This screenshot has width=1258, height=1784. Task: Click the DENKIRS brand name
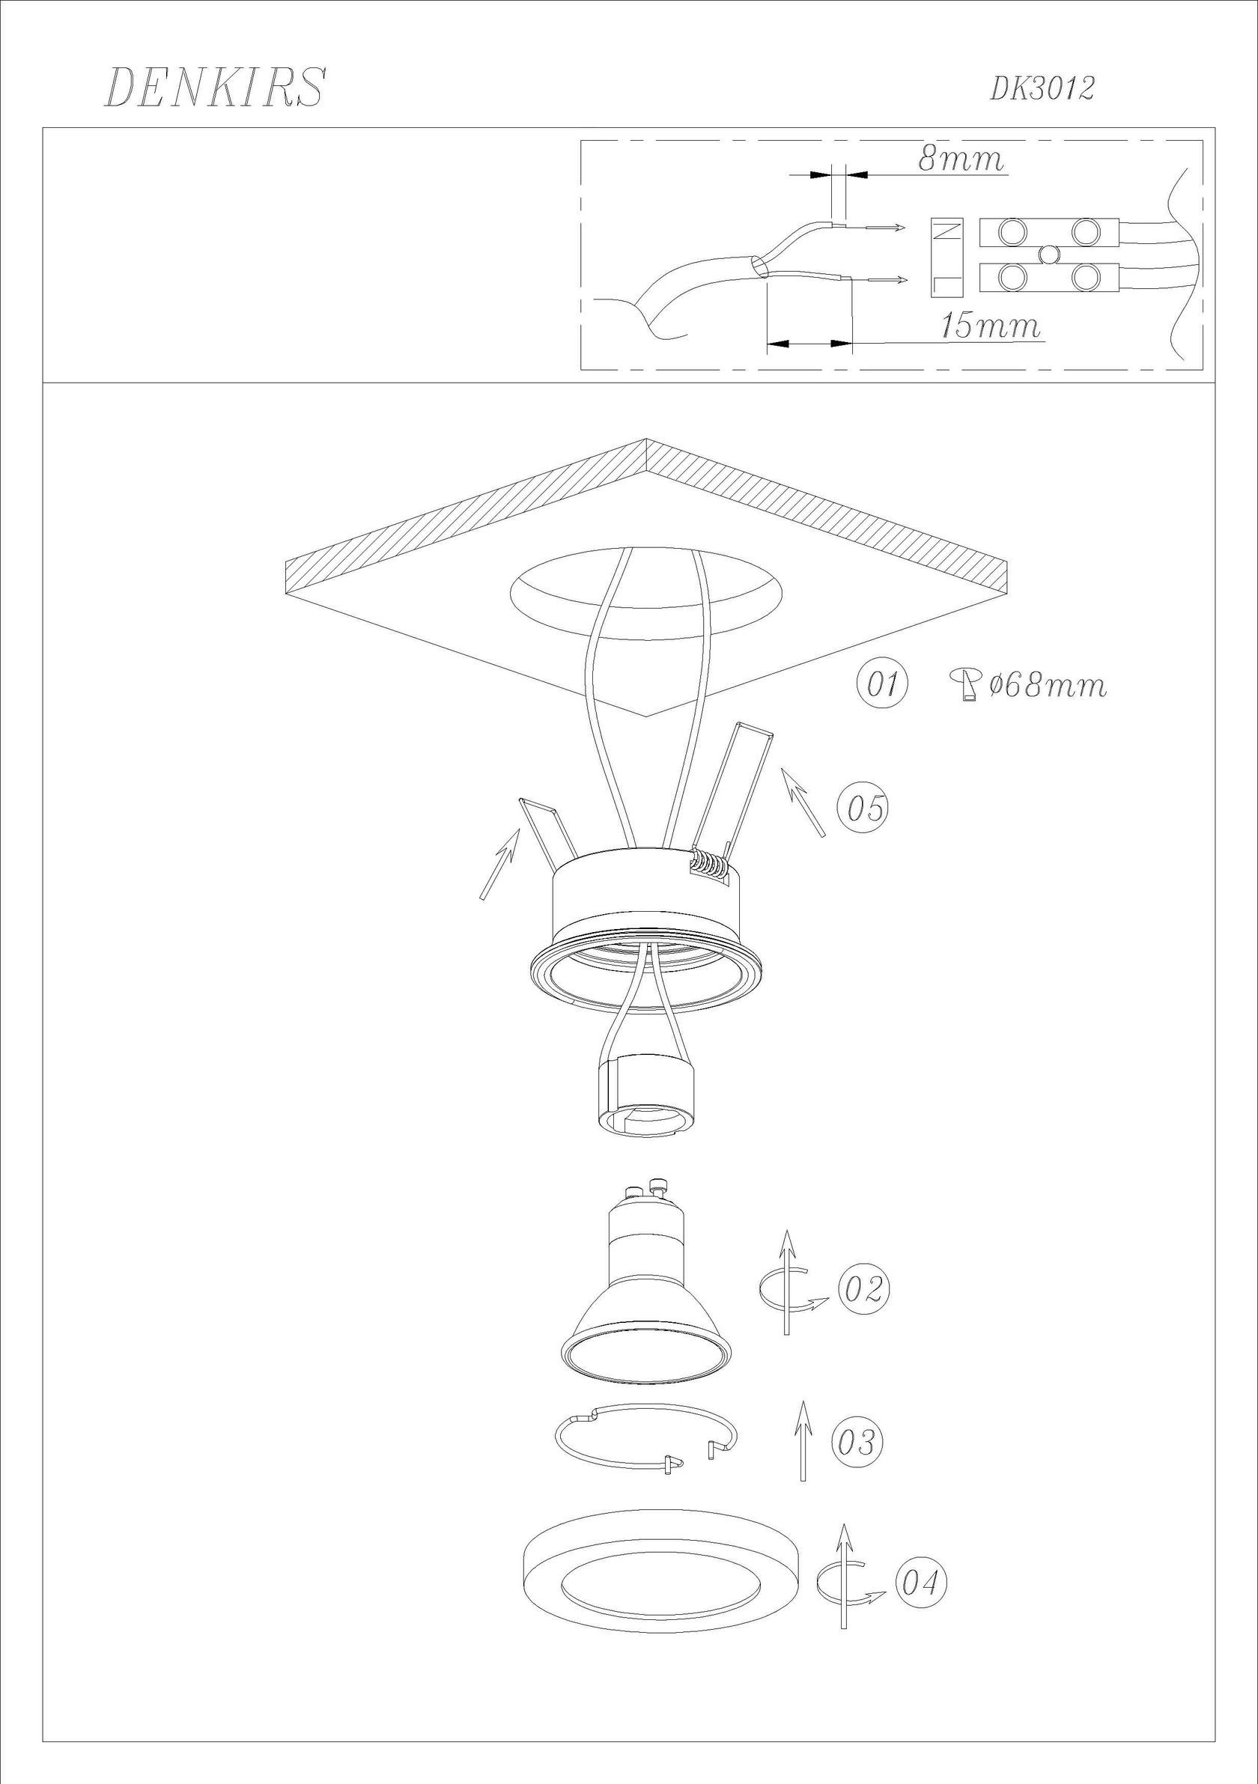click(213, 88)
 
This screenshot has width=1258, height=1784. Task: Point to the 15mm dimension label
click(990, 326)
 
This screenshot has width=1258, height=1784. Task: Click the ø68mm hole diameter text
click(1048, 685)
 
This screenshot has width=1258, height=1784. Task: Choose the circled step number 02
click(863, 1289)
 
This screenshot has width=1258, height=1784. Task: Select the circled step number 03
click(857, 1442)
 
